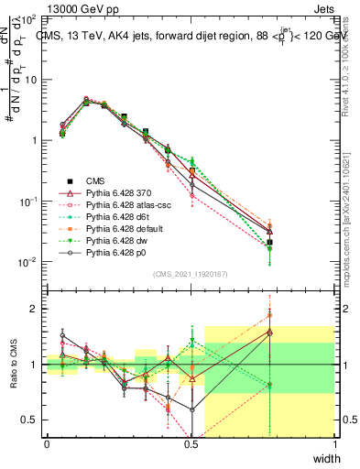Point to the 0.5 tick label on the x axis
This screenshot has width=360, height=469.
191,444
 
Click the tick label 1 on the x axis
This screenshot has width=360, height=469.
334,444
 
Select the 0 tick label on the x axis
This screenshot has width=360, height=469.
47,444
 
